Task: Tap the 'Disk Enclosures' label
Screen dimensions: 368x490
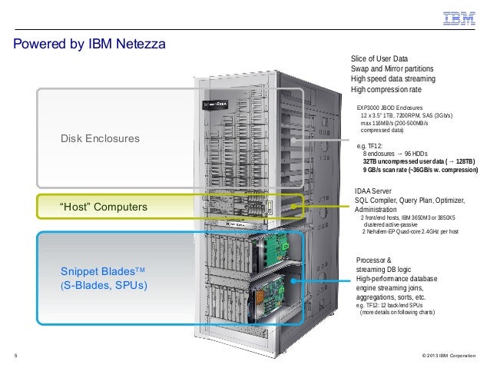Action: tap(100, 140)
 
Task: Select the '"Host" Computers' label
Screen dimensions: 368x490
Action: tap(104, 207)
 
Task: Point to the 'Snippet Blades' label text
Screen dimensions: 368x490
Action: tap(103, 274)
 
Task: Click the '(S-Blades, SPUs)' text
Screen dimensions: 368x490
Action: tap(104, 287)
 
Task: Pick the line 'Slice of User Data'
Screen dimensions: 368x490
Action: tap(380, 59)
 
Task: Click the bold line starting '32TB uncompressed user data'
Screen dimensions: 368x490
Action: tap(419, 161)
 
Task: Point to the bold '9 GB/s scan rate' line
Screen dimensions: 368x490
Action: tap(419, 171)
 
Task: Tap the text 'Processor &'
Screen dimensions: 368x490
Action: tap(375, 260)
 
